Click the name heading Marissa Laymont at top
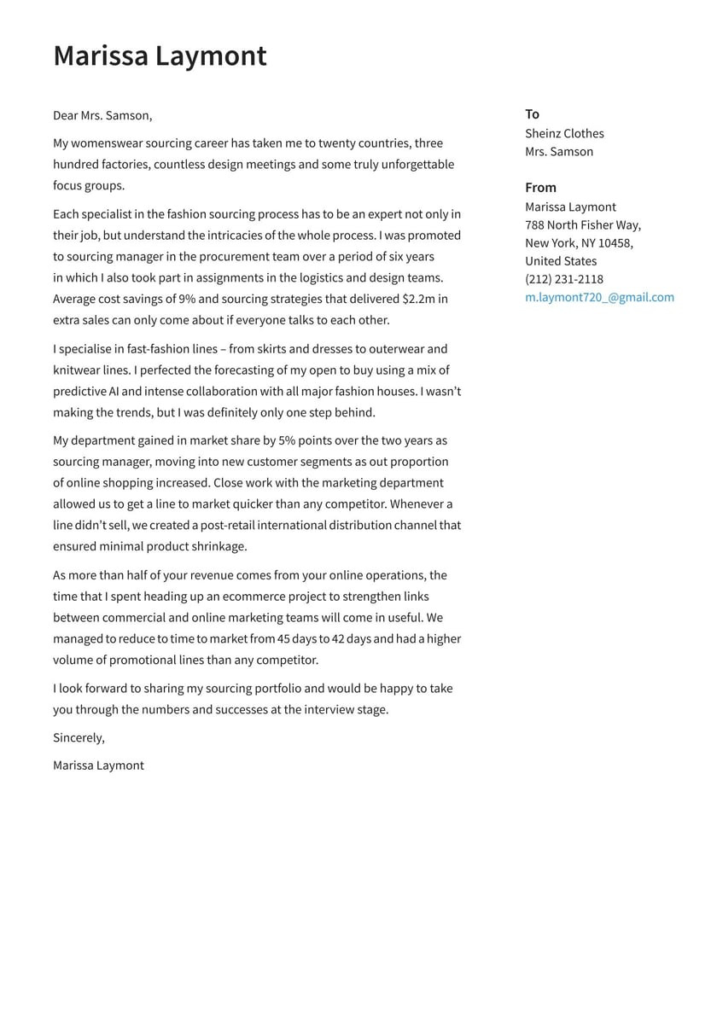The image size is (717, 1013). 160,56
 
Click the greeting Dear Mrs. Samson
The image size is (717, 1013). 102,115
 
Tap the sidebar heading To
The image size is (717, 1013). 532,114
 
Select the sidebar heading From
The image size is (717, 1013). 540,188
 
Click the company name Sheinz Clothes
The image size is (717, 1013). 564,133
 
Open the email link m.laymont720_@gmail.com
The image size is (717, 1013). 599,297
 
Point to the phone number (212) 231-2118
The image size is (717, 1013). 563,279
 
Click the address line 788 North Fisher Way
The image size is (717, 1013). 582,224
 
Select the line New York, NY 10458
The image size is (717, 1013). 578,243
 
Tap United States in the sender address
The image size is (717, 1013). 561,261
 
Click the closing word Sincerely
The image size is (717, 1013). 79,737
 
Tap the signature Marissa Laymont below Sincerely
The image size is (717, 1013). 98,766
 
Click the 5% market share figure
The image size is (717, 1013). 288,440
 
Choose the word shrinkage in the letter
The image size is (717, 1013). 219,546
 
